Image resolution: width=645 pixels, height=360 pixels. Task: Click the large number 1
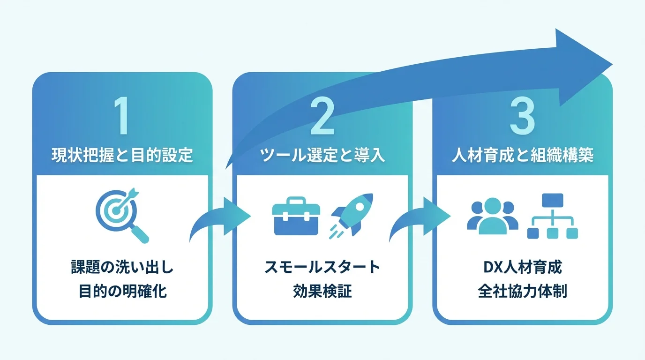[x=121, y=116]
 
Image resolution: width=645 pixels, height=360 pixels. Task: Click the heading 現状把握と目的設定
[x=122, y=155]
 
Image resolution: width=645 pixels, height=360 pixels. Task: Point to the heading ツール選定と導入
[x=322, y=155]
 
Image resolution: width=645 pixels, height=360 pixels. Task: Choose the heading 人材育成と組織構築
[x=523, y=155]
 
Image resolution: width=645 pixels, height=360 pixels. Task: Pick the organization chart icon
[x=552, y=216]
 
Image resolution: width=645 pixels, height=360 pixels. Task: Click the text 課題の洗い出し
[x=122, y=268]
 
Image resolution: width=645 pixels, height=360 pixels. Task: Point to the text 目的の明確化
[x=122, y=292]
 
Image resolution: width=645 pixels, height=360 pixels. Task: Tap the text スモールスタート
[x=322, y=268]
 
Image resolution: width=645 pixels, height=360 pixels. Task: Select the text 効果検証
[x=322, y=292]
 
